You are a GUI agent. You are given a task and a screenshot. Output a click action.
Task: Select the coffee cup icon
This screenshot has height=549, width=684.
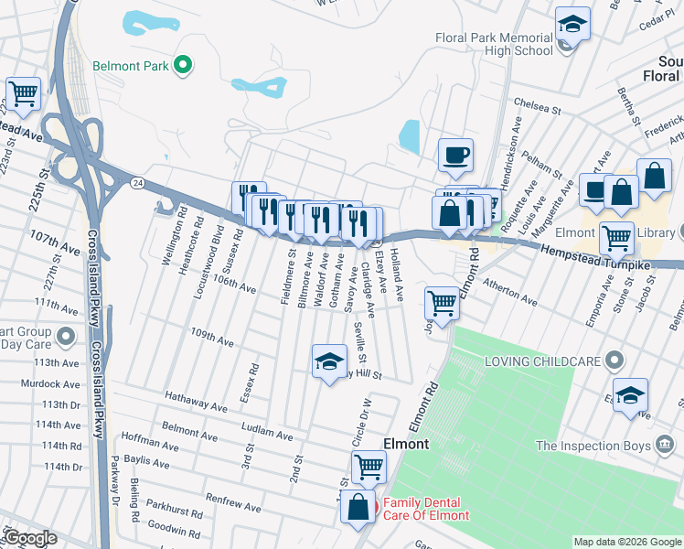(454, 155)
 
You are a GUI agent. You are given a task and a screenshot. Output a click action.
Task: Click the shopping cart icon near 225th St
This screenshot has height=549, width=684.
(23, 91)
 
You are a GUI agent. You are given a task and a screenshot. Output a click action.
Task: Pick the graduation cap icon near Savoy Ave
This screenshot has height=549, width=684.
(329, 361)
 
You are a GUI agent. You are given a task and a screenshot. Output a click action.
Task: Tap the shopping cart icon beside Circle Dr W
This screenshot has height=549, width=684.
(369, 466)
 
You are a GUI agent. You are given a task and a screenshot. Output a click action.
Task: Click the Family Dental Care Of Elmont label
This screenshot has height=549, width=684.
(425, 509)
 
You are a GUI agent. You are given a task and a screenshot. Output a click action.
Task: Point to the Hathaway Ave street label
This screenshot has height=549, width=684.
(196, 400)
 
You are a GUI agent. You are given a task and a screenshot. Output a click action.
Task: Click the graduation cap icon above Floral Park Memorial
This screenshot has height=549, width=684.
(572, 23)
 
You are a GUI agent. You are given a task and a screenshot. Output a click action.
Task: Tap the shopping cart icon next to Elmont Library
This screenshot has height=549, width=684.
(616, 238)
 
